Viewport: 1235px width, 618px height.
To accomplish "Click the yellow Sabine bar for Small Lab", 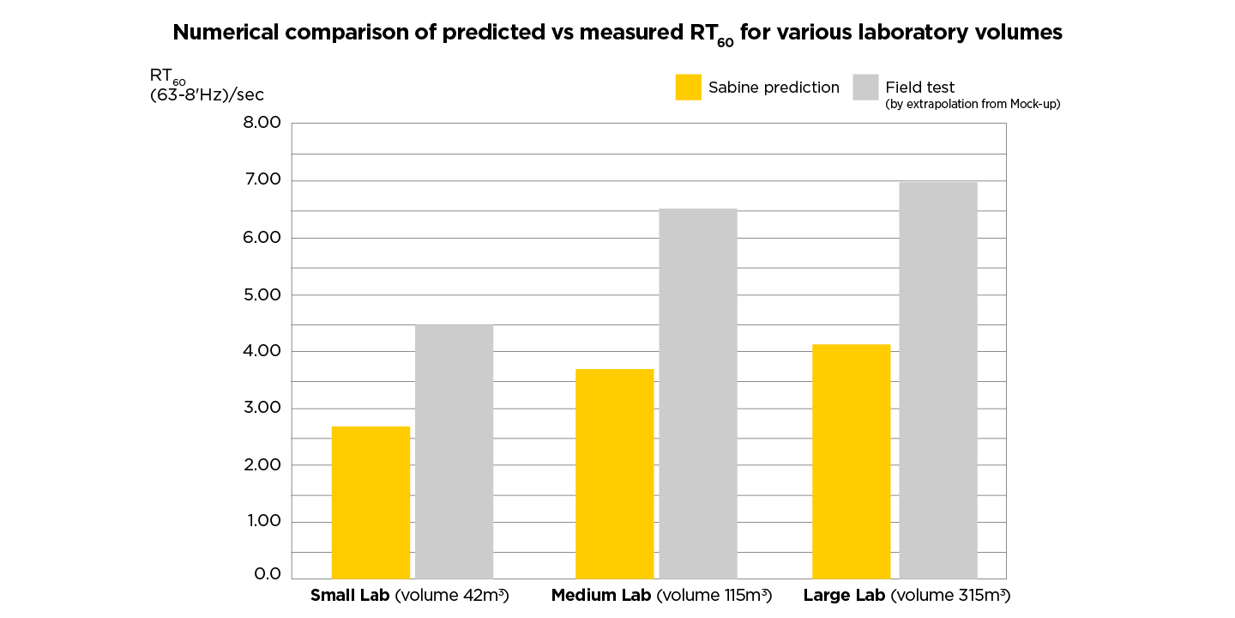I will pyautogui.click(x=370, y=502).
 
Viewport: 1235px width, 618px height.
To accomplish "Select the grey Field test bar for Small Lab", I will pyautogui.click(x=454, y=451).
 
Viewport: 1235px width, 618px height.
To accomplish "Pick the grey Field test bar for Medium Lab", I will pyautogui.click(x=698, y=393).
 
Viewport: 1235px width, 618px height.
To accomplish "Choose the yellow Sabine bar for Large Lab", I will pyautogui.click(x=851, y=461).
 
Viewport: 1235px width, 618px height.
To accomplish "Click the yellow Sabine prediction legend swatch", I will pyautogui.click(x=688, y=88).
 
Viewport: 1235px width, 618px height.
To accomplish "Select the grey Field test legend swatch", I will pyautogui.click(x=865, y=88).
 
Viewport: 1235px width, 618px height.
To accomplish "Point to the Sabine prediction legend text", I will pyautogui.click(x=774, y=88).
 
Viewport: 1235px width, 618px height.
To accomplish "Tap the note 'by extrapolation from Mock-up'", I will pyautogui.click(x=973, y=104).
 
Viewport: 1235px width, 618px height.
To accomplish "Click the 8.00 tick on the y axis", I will pyautogui.click(x=262, y=124).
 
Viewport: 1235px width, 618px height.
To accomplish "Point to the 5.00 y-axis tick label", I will pyautogui.click(x=262, y=294).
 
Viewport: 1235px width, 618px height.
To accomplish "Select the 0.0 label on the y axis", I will pyautogui.click(x=267, y=574).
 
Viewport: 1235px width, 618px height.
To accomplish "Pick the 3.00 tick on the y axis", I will pyautogui.click(x=262, y=409).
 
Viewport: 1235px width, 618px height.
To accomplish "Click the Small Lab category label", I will pyautogui.click(x=409, y=596).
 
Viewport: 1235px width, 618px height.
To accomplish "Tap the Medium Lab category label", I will pyautogui.click(x=661, y=596).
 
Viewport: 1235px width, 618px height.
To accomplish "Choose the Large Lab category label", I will pyautogui.click(x=906, y=596).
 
